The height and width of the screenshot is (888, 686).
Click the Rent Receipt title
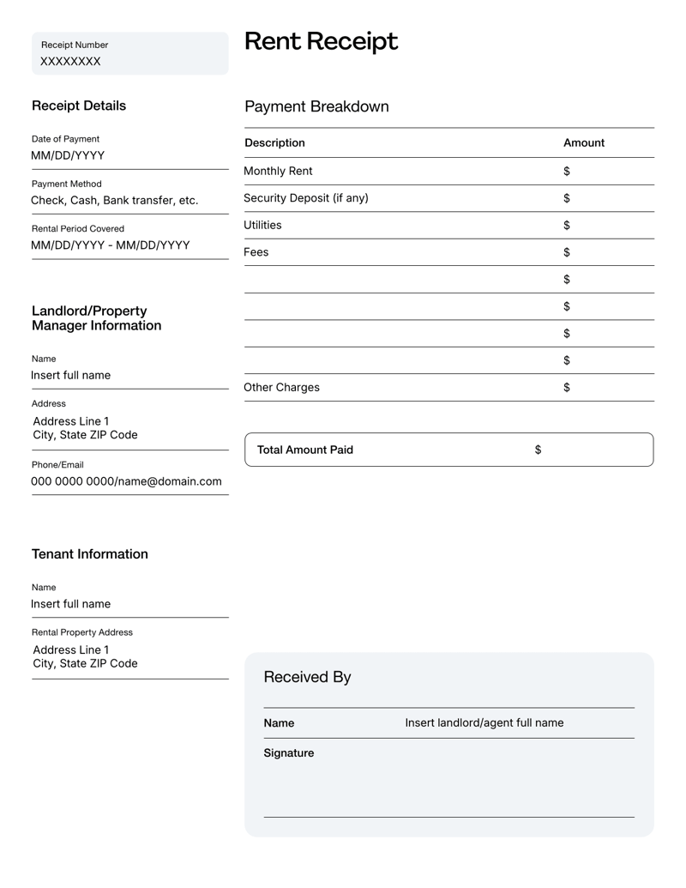(321, 41)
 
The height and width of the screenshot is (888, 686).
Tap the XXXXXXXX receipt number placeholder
(70, 62)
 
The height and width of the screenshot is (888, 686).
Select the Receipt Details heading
(79, 106)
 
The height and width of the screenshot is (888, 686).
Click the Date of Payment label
(65, 139)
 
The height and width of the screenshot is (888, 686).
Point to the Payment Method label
(67, 184)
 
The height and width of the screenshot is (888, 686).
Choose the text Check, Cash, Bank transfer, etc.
(115, 201)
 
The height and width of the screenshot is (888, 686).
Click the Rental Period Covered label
(78, 228)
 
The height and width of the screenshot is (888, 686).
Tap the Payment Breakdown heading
(316, 106)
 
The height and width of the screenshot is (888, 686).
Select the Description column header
(274, 142)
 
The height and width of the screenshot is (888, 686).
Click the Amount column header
(584, 142)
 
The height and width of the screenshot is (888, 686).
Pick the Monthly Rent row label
(278, 172)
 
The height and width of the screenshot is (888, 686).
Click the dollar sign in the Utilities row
(567, 226)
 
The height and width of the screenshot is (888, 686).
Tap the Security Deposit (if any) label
(306, 198)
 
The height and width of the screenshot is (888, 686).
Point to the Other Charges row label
(281, 387)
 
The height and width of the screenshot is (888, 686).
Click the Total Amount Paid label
(305, 450)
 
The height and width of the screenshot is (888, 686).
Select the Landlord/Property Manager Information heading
(96, 318)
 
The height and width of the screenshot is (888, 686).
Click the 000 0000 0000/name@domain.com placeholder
(127, 481)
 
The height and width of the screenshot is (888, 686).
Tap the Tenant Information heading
(90, 554)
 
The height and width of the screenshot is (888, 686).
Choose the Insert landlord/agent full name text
(484, 722)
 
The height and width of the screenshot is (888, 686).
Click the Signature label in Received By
(289, 753)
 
